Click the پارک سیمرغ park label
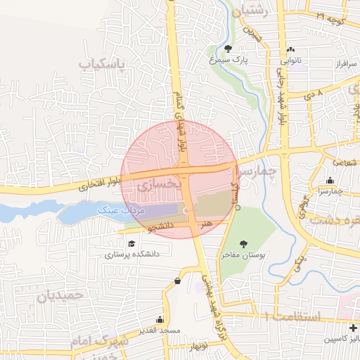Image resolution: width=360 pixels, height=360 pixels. point(229,61)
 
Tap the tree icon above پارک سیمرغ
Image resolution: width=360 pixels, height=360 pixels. point(229,49)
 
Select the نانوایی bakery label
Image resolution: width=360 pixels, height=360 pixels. point(292,61)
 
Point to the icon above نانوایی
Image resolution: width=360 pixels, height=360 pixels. point(291,49)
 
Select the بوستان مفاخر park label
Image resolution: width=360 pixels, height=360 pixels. point(243,257)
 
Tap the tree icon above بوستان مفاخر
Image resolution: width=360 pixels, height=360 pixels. point(243,244)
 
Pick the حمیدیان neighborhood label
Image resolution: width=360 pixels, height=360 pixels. point(60,295)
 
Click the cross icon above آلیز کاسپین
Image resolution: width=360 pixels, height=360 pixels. point(353,328)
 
